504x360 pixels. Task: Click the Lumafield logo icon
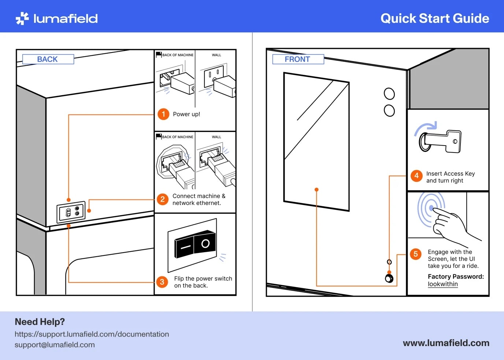(22, 18)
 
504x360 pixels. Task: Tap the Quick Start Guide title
(435, 18)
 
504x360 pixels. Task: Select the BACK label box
(48, 59)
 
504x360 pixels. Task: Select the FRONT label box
(298, 59)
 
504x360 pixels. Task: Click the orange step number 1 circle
(163, 114)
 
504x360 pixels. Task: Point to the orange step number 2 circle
(163, 199)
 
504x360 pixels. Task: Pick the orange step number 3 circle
(162, 282)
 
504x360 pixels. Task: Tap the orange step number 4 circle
(416, 176)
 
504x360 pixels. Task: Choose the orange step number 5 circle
(416, 254)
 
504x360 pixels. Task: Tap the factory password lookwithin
(443, 284)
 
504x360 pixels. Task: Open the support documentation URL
(92, 334)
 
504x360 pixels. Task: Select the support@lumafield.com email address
(55, 345)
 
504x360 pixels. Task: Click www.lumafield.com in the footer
(446, 343)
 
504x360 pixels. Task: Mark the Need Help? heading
(40, 322)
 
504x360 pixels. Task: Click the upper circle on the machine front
(389, 94)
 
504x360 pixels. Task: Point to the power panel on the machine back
(71, 212)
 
